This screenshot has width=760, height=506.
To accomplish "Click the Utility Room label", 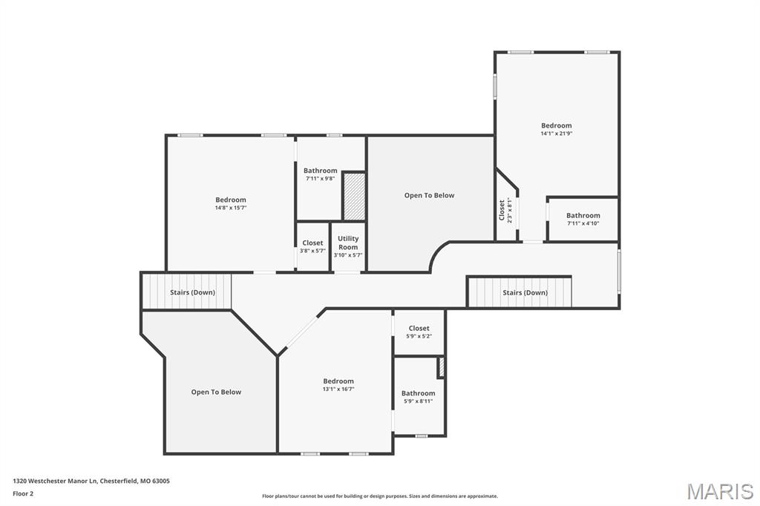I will coord(348,243).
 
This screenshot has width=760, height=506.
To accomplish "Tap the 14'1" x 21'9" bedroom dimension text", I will coord(556,134).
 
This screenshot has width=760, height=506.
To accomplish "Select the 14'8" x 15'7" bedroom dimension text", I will coord(231,208).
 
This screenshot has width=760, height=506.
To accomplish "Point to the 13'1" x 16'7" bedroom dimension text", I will coord(338,389).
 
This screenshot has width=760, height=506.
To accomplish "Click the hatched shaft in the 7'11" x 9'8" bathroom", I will coord(354,196).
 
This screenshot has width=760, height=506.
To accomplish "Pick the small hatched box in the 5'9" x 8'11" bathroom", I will coord(441,367).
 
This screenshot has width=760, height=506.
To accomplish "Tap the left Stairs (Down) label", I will coord(192,292).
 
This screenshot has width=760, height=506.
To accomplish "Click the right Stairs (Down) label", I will coord(525,292).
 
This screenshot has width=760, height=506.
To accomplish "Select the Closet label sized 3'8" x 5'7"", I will coord(312,243).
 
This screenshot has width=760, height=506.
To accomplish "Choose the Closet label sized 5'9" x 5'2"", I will coord(419,328).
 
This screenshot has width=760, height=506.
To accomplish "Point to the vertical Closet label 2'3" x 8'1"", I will coord(502,210).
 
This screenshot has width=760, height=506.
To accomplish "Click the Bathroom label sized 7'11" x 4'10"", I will coord(583,216).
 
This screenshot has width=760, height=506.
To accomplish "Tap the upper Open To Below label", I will coord(429,195).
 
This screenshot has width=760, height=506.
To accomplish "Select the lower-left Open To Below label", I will coord(216,392).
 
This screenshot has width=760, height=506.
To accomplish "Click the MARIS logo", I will coord(719,491).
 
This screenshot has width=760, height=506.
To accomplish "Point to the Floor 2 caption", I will coord(23,493).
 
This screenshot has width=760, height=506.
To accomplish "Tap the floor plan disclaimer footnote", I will coord(379,496).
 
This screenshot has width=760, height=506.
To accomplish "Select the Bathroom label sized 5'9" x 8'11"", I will coord(418,393).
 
